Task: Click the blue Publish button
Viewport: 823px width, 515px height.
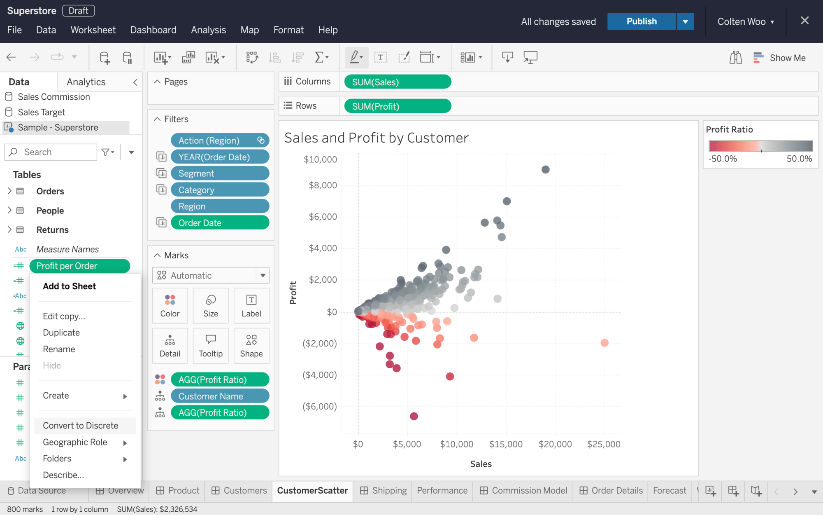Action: click(641, 21)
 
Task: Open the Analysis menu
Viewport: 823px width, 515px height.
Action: click(208, 30)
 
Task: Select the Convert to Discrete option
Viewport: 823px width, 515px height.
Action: click(81, 426)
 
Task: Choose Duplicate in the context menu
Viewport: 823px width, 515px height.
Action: click(61, 332)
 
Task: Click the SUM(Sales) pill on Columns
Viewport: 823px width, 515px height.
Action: click(397, 82)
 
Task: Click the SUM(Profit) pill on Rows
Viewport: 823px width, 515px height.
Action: click(397, 106)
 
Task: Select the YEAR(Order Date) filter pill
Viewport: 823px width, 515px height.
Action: click(220, 157)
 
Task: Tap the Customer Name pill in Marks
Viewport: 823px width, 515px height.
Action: click(220, 396)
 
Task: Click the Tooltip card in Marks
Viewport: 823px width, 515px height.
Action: click(211, 346)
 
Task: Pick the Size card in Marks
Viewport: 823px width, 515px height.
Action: click(211, 305)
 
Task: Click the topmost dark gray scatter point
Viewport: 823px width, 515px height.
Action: click(546, 169)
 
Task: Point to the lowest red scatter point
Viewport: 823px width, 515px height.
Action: click(414, 416)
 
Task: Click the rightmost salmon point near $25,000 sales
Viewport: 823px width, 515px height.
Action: click(604, 343)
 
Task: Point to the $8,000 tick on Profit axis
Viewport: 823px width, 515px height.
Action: click(323, 185)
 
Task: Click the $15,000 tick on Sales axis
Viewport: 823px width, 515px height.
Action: click(506, 444)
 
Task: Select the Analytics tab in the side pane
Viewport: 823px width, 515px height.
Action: click(86, 82)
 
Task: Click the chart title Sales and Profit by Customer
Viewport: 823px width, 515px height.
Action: click(377, 138)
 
